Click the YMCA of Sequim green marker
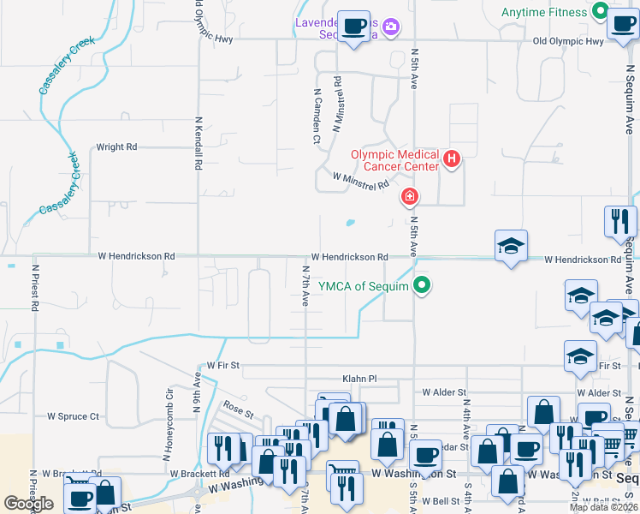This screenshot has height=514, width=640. (x=421, y=286)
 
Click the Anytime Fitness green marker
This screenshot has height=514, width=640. (x=600, y=12)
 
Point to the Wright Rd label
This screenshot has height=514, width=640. (x=116, y=147)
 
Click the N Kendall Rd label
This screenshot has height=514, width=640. (x=199, y=142)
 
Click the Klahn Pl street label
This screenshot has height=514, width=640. (x=359, y=378)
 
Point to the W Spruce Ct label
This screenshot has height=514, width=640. (x=74, y=416)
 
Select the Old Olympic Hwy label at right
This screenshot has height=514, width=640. (x=568, y=41)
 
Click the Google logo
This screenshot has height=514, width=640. (x=29, y=504)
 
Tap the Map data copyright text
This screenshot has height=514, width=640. (x=604, y=507)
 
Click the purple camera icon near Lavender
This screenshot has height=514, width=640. (x=391, y=27)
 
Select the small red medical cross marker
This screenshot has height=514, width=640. (x=410, y=198)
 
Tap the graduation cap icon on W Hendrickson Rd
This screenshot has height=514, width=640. (x=511, y=246)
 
